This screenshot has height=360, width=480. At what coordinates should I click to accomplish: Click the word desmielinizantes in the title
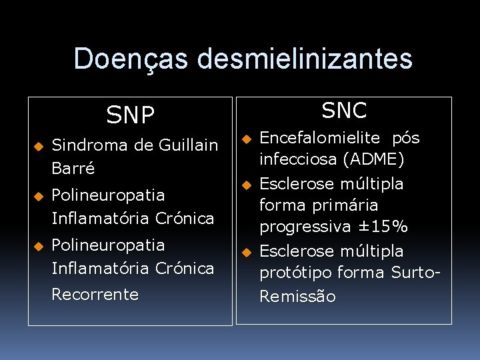pos(305,59)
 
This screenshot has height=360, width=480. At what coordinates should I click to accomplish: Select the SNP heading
pos(130,115)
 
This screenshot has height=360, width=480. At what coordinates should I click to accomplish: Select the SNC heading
pos(344,111)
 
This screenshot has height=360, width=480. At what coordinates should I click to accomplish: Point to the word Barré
pos(73,168)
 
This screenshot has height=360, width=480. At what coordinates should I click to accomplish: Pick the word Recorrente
pos(95,294)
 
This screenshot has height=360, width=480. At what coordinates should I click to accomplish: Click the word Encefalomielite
pos(319,138)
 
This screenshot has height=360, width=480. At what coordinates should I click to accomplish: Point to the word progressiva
pos(305,227)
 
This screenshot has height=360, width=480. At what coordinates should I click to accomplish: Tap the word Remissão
pos(297,297)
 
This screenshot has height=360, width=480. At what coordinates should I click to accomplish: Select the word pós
pos(406,138)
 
